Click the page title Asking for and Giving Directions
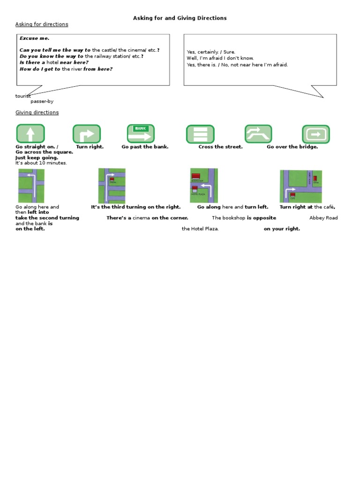coord(180,18)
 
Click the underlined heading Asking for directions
coord(42,24)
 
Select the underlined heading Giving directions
coord(37,112)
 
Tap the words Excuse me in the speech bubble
coord(34,38)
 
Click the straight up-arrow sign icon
coord(30,134)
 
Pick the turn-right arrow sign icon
coord(87,134)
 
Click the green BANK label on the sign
coord(140,128)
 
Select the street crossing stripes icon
coord(200,134)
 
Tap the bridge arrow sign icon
coord(258,134)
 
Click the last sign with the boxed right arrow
coord(315,134)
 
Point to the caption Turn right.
coord(90,147)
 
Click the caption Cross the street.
coord(220,147)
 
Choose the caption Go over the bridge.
coord(292,147)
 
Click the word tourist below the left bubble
coord(23,96)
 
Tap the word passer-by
coord(42,101)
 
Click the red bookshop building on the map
coord(196,176)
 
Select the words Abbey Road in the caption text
coord(323,218)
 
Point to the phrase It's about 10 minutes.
coord(41,163)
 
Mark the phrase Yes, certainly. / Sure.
coord(211,52)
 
